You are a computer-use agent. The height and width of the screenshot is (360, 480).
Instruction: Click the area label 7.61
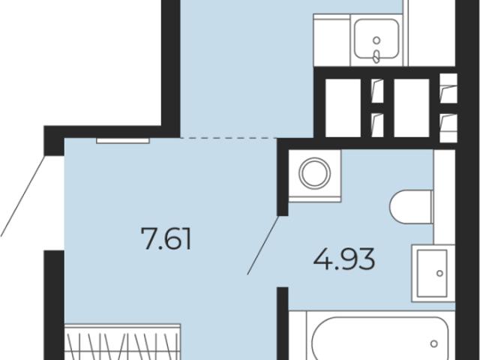pyautogui.click(x=166, y=238)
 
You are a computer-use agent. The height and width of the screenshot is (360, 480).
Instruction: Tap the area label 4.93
pyautogui.click(x=344, y=259)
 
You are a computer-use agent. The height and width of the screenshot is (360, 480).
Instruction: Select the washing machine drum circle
pyautogui.click(x=315, y=173)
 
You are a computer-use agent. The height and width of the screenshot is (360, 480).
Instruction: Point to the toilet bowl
pyautogui.click(x=411, y=207)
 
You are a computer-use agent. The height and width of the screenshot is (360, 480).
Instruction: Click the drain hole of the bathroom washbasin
pyautogui.click(x=440, y=273)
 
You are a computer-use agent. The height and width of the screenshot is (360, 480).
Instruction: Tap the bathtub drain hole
pyautogui.click(x=433, y=343)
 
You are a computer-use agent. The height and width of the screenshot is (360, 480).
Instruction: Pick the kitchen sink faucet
pyautogui.click(x=376, y=57)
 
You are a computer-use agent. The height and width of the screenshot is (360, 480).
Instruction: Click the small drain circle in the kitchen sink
pyautogui.click(x=376, y=40)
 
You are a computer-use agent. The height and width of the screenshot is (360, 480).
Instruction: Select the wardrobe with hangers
pyautogui.click(x=123, y=342)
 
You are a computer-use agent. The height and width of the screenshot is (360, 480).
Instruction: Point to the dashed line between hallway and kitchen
pyautogui.click(x=229, y=138)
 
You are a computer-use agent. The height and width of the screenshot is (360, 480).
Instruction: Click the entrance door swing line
pyautogui.click(x=22, y=196)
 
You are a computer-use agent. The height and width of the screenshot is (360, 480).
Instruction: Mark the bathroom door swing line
pyautogui.click(x=263, y=245)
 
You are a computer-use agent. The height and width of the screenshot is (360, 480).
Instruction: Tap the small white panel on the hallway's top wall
pyautogui.click(x=123, y=141)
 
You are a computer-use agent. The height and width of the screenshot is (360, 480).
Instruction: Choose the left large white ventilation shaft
pyautogui.click(x=343, y=108)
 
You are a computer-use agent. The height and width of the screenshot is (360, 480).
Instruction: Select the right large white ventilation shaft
pyautogui.click(x=412, y=108)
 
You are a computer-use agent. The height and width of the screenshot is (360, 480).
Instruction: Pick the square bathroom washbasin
pyautogui.click(x=432, y=273)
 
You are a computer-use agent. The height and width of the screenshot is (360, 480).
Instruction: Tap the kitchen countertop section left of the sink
pyautogui.click(x=331, y=40)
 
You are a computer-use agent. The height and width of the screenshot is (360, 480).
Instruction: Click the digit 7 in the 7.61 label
pyautogui.click(x=149, y=238)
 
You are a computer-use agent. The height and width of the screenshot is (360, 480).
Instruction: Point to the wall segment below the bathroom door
pyautogui.click(x=283, y=323)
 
